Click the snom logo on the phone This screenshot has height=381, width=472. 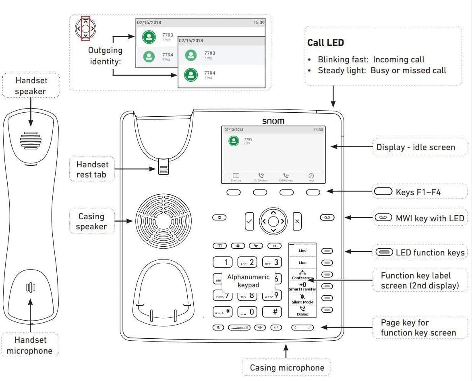pyautogui.click(x=273, y=121)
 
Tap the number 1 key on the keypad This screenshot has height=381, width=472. pyautogui.click(x=223, y=262)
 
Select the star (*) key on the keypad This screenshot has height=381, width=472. pyautogui.click(x=223, y=312)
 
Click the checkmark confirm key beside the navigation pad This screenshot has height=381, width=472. pyautogui.click(x=249, y=221)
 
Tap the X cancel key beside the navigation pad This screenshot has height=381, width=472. pyautogui.click(x=297, y=221)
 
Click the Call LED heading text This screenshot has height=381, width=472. pyautogui.click(x=325, y=43)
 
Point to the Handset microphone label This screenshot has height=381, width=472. pyautogui.click(x=29, y=345)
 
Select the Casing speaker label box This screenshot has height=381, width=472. pyautogui.click(x=91, y=221)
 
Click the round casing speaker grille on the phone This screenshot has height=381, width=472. pyautogui.click(x=164, y=221)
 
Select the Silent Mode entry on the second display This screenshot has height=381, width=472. pyautogui.click(x=302, y=299)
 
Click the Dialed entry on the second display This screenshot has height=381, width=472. pyautogui.click(x=302, y=311)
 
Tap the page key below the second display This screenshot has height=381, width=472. pyautogui.click(x=302, y=327)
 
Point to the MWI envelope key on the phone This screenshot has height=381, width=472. pyautogui.click(x=327, y=218)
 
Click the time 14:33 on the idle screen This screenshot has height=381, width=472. pyautogui.click(x=318, y=130)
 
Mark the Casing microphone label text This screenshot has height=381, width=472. pyautogui.click(x=287, y=367)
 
